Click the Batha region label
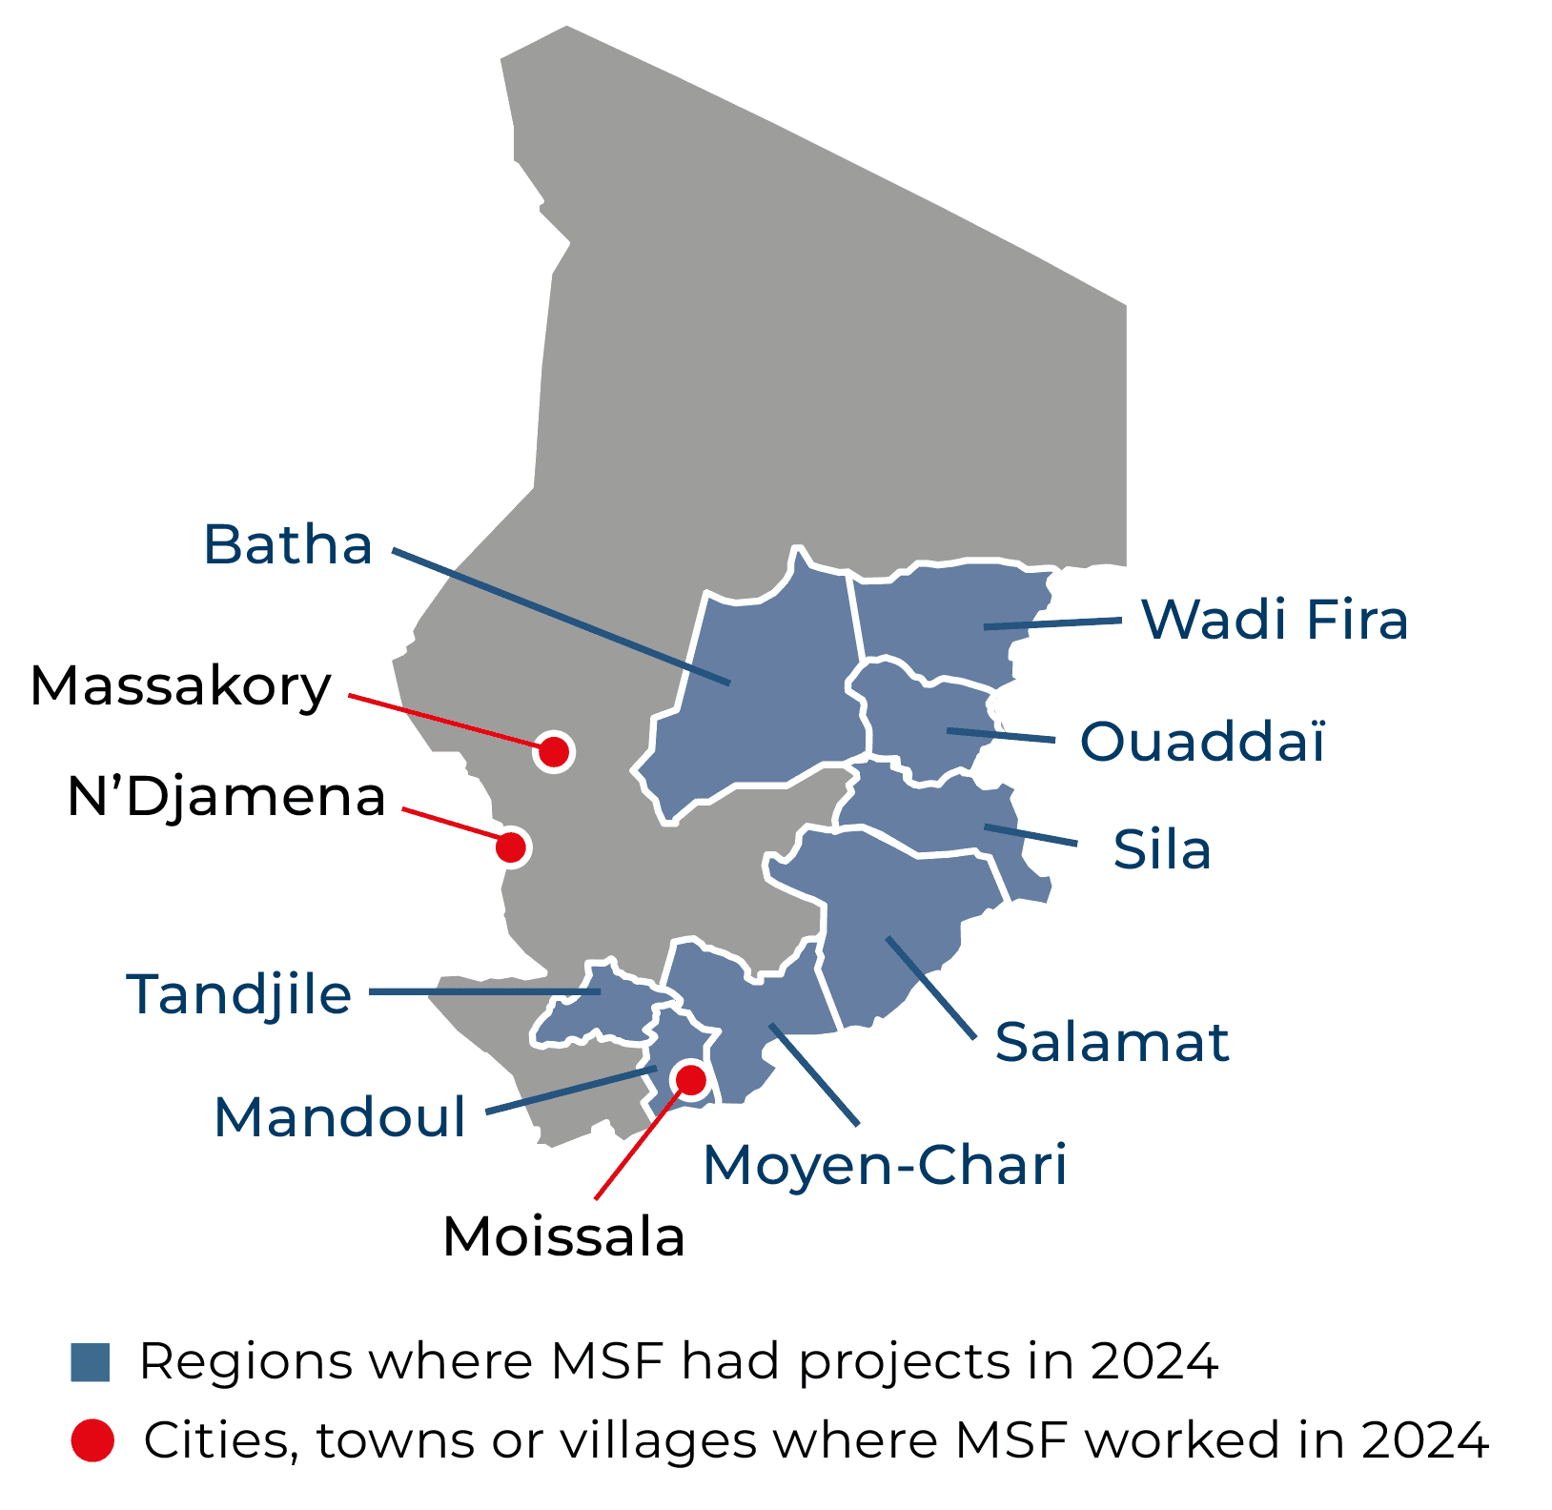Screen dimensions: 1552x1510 [x=287, y=545]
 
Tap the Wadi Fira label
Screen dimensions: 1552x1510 [x=1275, y=620]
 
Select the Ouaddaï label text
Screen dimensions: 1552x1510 [x=1202, y=742]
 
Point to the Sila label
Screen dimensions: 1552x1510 [x=1162, y=850]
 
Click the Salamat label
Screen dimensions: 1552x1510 [x=1112, y=1042]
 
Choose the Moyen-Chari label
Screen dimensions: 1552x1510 [x=885, y=1165]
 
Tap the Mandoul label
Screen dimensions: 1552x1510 [x=340, y=1116]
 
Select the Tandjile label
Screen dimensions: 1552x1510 [x=239, y=994]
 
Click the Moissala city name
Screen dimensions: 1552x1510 [x=564, y=1237]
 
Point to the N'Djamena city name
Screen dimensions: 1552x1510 [x=227, y=797]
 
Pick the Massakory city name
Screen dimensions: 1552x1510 [x=181, y=685]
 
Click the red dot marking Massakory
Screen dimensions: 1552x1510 [x=554, y=752]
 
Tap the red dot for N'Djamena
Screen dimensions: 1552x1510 [x=511, y=846]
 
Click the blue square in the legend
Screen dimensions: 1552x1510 [x=91, y=1362]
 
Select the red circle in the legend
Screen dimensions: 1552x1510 [x=92, y=1439]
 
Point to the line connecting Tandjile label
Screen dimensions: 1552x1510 [x=484, y=992]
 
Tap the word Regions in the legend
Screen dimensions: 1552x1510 [x=244, y=1362]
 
